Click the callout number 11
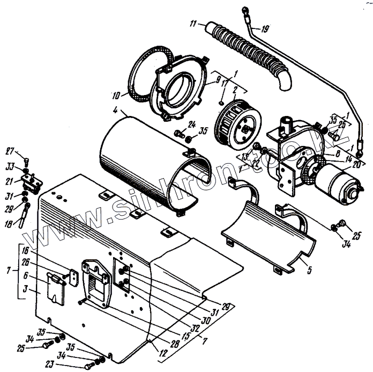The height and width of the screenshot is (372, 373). [193, 24]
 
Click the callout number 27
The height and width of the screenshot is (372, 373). [10, 150]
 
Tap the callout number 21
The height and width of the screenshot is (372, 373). [11, 180]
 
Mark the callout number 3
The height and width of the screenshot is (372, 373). [26, 291]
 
